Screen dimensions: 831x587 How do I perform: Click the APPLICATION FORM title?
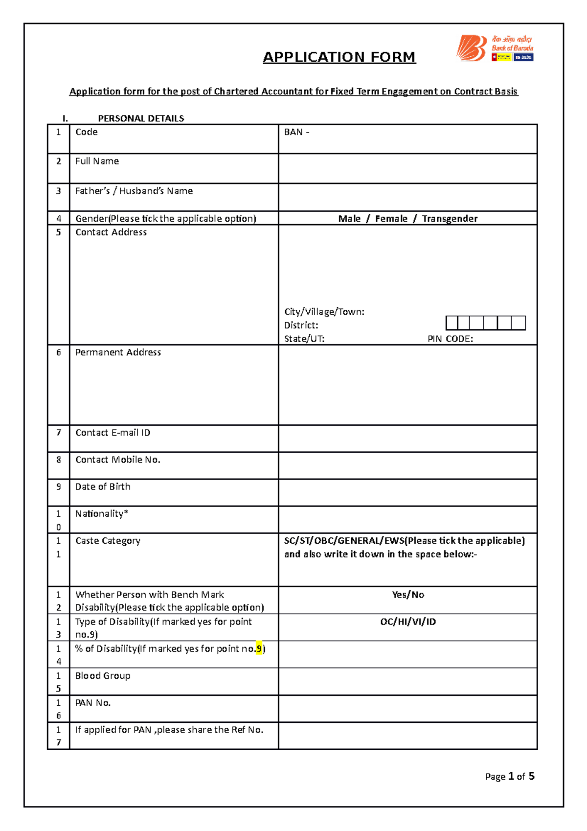click(339, 57)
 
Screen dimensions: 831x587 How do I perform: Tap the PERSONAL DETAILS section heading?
click(141, 118)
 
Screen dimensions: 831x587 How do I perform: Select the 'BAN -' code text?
click(296, 132)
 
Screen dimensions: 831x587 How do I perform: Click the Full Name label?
click(97, 162)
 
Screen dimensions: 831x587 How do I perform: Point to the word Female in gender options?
click(391, 219)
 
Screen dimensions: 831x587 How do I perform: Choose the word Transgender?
click(450, 219)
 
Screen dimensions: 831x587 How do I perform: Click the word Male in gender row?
click(349, 219)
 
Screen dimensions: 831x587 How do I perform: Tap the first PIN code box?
click(452, 323)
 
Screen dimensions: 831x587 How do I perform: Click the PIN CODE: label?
click(450, 339)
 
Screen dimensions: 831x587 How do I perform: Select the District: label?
click(301, 325)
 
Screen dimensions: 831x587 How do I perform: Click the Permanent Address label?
click(118, 352)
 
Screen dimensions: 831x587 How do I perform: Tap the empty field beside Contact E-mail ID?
click(407, 439)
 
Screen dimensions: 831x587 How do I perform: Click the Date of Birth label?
click(103, 487)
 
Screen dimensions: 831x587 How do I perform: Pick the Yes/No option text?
click(407, 595)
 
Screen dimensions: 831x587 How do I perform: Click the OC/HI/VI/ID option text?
click(407, 622)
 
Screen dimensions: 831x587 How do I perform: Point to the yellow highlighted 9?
click(259, 649)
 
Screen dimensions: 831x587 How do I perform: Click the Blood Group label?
click(103, 676)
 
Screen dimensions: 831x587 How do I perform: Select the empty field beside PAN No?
click(407, 709)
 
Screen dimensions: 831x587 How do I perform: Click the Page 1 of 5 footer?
click(509, 777)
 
